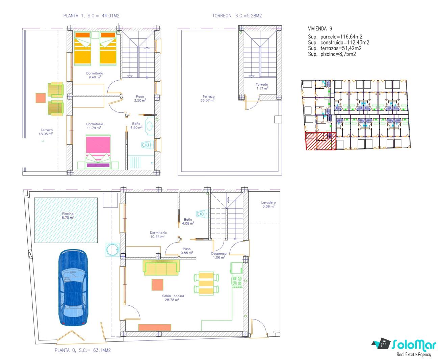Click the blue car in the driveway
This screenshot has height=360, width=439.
(73, 287)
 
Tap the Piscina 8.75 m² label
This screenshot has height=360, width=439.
(68, 216)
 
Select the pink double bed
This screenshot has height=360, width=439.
(98, 151)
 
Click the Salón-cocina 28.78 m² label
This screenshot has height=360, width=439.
(173, 298)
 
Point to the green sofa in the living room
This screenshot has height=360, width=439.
(161, 268)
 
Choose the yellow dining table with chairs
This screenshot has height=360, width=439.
(206, 283)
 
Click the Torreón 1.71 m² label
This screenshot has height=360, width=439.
(262, 86)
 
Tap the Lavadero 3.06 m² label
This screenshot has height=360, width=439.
(268, 204)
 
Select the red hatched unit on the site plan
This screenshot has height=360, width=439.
(320, 141)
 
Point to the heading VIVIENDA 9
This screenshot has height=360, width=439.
(320, 29)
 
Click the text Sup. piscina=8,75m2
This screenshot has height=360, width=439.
(332, 54)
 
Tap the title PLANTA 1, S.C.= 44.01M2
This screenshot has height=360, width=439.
(91, 16)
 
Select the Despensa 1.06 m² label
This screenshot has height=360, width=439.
(219, 255)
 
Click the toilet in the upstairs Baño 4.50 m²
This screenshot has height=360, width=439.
(147, 144)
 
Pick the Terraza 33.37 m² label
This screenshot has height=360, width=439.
(208, 98)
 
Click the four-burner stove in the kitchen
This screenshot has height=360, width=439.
(237, 282)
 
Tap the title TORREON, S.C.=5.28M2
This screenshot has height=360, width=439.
(237, 16)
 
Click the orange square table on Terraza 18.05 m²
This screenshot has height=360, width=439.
(41, 98)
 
